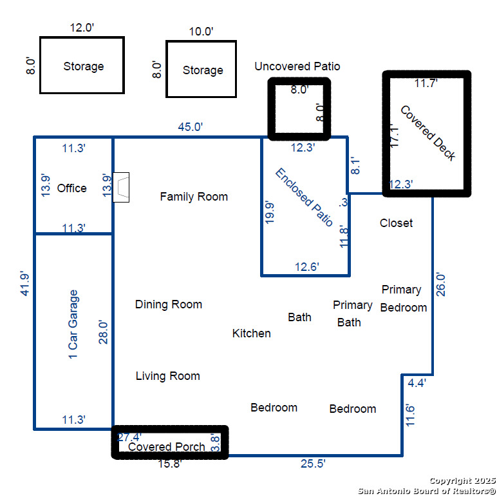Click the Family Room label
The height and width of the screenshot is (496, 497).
[x=194, y=197]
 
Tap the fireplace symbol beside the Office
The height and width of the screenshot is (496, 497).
[x=121, y=187]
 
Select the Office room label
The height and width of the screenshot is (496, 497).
[x=71, y=188]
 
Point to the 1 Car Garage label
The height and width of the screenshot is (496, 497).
[x=73, y=324]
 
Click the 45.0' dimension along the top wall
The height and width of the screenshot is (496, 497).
[x=190, y=126]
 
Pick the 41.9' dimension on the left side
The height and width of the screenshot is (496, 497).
[x=25, y=284]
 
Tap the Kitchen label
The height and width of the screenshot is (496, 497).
[x=251, y=333]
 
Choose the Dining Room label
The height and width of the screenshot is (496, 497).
[x=168, y=304]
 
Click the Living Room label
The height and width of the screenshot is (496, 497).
[x=167, y=376]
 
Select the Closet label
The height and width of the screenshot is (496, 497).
[x=396, y=223]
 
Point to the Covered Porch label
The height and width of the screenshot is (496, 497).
[x=166, y=446]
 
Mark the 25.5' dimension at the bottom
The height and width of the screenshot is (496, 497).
[x=313, y=463]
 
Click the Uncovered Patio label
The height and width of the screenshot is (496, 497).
[x=297, y=66]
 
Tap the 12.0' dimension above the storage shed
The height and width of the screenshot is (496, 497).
[x=82, y=28]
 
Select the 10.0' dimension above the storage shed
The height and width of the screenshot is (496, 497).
[x=201, y=32]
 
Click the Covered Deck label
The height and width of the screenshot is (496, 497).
[x=428, y=133]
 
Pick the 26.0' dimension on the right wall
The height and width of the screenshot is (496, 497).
[x=441, y=284]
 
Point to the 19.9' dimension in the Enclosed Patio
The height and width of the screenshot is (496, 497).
[x=269, y=212]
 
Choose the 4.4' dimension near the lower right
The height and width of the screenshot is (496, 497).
[x=417, y=383]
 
